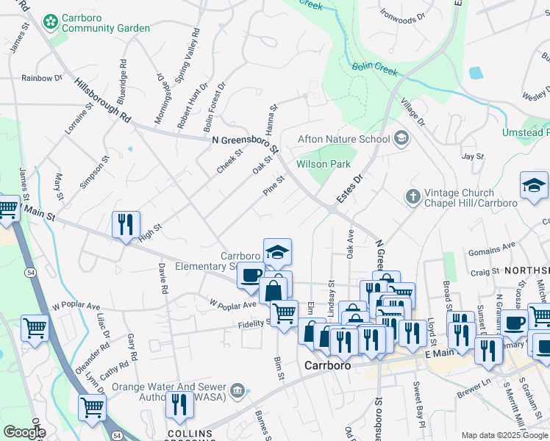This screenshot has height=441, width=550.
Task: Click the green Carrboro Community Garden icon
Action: point(51,21)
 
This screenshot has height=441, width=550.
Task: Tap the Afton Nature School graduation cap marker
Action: point(401,138)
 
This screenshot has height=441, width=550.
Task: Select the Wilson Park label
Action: point(324,164)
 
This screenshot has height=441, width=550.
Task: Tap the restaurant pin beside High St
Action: point(126,223)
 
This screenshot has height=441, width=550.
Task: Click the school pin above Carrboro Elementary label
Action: point(277,251)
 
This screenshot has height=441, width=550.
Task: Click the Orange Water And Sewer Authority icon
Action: point(238,390)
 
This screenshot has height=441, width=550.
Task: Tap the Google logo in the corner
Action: point(24,432)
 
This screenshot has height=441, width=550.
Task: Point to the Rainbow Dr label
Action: point(42,78)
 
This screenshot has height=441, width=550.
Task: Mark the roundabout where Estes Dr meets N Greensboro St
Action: point(332,209)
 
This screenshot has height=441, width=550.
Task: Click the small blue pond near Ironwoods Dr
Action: point(476,73)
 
